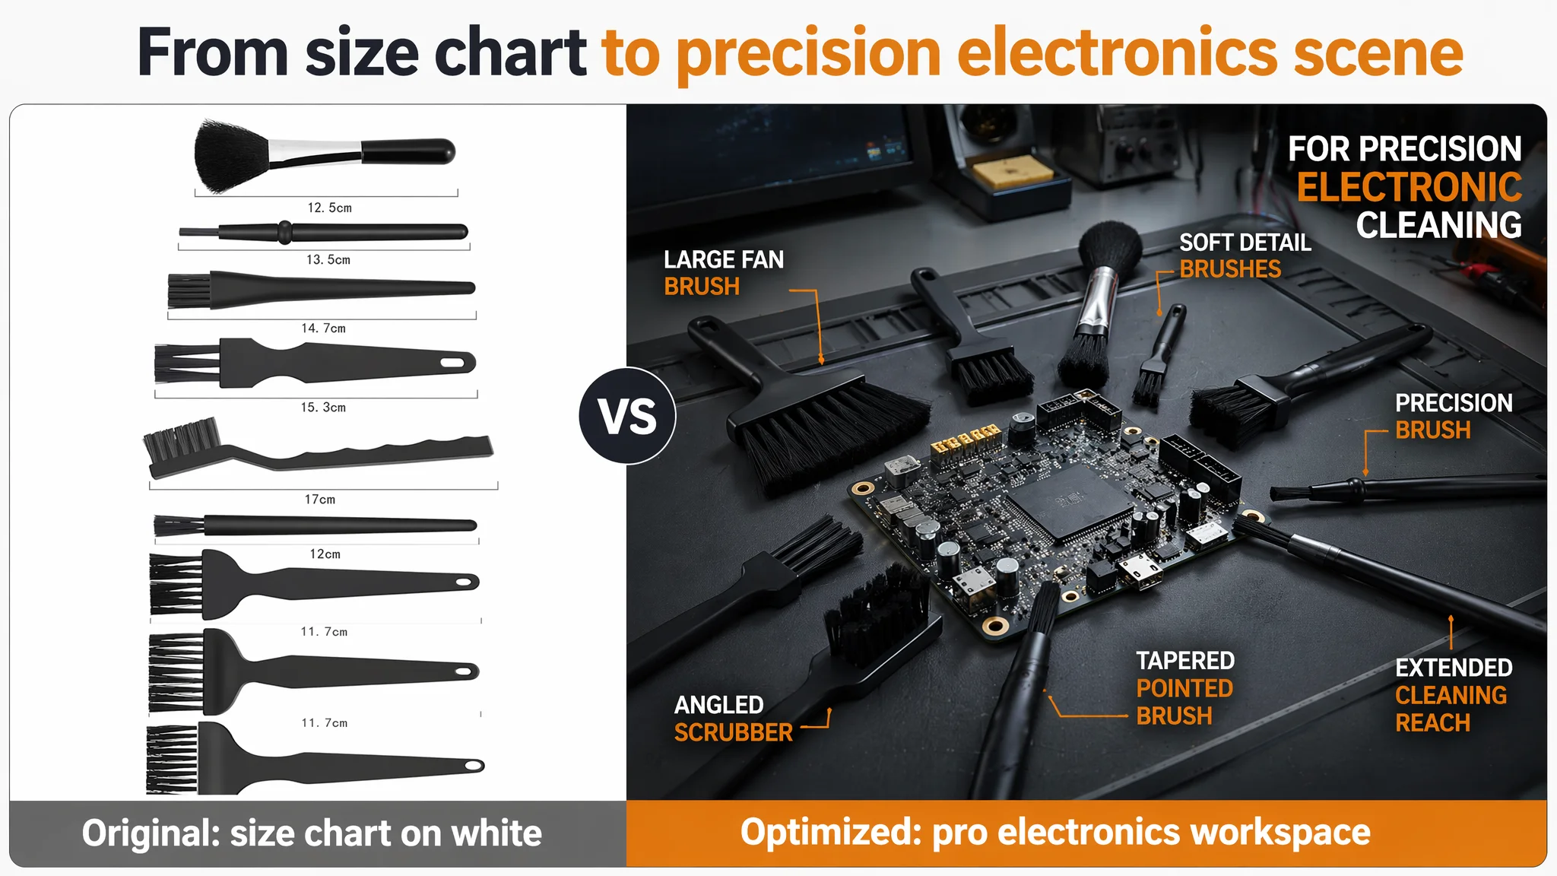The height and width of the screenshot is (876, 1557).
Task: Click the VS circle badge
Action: coord(627,416)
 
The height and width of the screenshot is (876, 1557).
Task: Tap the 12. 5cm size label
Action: coord(329,208)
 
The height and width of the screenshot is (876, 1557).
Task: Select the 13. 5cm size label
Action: coord(328,259)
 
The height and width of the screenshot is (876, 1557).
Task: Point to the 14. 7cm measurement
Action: coord(323,328)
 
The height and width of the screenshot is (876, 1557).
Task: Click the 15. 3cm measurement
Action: coord(323,407)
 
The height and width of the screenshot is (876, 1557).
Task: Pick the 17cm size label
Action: coord(320,499)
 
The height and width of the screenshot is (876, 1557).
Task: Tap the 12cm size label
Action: coord(325,554)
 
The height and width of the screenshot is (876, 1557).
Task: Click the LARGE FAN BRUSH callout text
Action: coord(724,272)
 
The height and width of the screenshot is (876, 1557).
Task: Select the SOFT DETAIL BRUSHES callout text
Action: coord(1245,255)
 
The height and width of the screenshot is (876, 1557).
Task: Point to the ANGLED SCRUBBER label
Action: coord(733,718)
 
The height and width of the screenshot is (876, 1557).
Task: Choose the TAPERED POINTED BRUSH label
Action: coord(1184,687)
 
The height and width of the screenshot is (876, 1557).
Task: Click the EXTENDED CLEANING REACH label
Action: coord(1453,694)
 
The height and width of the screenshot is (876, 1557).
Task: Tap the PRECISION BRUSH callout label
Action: coord(1453,416)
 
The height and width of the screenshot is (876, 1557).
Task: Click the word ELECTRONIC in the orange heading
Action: coord(1409,187)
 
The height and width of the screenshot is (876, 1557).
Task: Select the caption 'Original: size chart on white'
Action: coord(312,833)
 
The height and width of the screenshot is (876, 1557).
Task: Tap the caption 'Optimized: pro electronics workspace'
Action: coord(1055,832)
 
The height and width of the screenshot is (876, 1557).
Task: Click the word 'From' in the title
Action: coord(212,52)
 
